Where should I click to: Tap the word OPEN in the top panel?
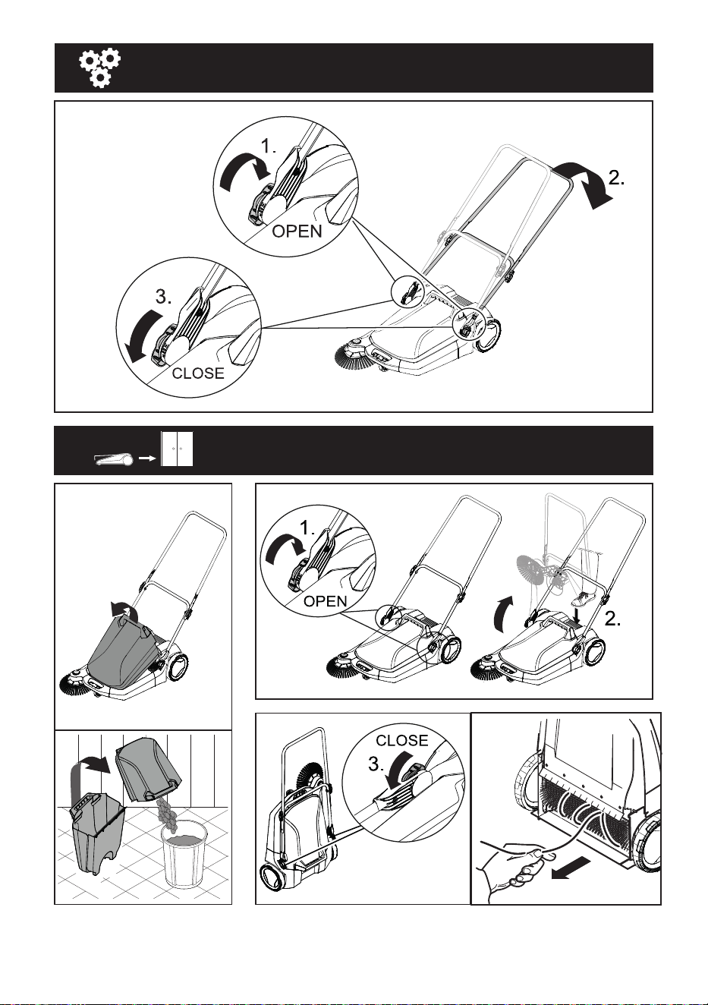[x=297, y=232]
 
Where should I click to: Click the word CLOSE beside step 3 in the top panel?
[x=198, y=373]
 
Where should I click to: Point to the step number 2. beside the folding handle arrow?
[x=616, y=178]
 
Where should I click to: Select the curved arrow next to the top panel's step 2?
[x=588, y=184]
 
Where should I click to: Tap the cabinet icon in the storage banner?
[x=177, y=449]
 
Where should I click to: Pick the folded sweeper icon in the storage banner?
[x=114, y=459]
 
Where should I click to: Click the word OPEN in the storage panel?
[x=326, y=601]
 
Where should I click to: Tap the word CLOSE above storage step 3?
[x=402, y=740]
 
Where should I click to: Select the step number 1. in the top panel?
[x=269, y=146]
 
